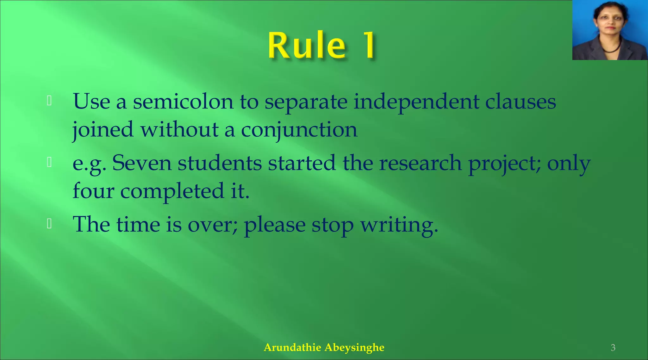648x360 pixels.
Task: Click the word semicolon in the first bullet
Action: [183, 102]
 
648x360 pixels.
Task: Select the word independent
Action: [416, 102]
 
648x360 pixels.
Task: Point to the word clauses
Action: [520, 102]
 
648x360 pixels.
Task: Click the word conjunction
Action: [299, 130]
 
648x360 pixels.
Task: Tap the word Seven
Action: [141, 163]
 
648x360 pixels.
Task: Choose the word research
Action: [420, 163]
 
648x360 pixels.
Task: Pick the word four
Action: [93, 191]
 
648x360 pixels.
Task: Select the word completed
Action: [172, 191]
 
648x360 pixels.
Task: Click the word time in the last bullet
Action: [138, 225]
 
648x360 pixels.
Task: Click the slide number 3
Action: [613, 348]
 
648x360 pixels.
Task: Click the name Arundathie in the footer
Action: [292, 347]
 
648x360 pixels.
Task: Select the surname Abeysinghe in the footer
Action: [354, 347]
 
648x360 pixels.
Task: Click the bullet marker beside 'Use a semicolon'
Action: [49, 101]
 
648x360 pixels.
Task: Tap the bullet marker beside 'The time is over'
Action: [49, 224]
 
